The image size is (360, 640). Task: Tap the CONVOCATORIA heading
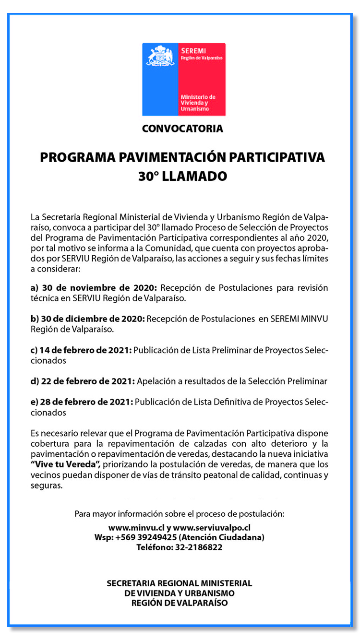click(x=182, y=129)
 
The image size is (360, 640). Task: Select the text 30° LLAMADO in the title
click(x=182, y=176)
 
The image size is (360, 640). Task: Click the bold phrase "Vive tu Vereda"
click(x=65, y=465)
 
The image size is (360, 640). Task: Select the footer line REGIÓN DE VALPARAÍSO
click(x=180, y=603)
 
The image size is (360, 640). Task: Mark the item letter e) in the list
click(x=34, y=402)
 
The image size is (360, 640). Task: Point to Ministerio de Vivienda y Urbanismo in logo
click(x=198, y=103)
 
